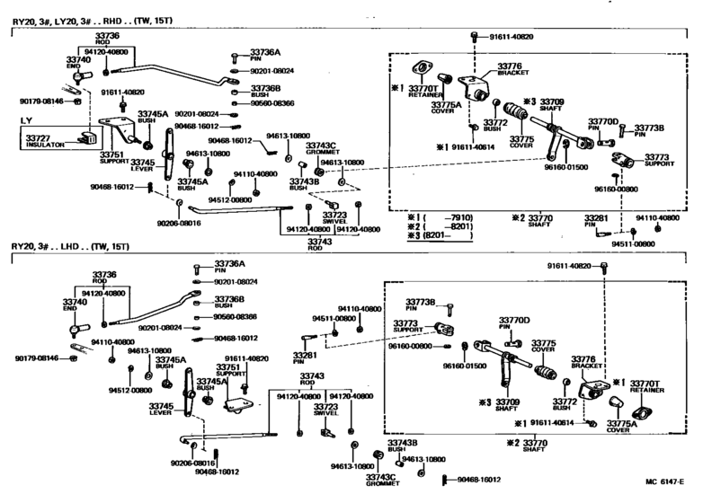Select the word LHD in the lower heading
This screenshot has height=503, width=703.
click(x=87, y=247)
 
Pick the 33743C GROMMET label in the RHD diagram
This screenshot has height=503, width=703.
click(x=320, y=149)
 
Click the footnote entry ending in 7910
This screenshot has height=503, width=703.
click(x=439, y=217)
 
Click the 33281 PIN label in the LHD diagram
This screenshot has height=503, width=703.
click(x=304, y=360)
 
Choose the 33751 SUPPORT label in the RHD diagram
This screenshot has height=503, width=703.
click(x=113, y=158)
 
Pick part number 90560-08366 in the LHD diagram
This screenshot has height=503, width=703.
click(x=235, y=316)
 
